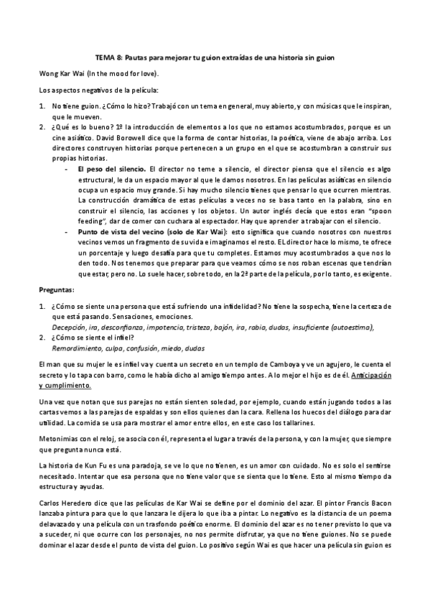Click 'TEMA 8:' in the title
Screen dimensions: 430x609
coord(110,57)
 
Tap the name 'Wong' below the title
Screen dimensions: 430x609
coord(48,73)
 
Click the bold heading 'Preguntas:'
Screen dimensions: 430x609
coord(56,289)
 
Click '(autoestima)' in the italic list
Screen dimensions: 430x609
coord(351,327)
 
